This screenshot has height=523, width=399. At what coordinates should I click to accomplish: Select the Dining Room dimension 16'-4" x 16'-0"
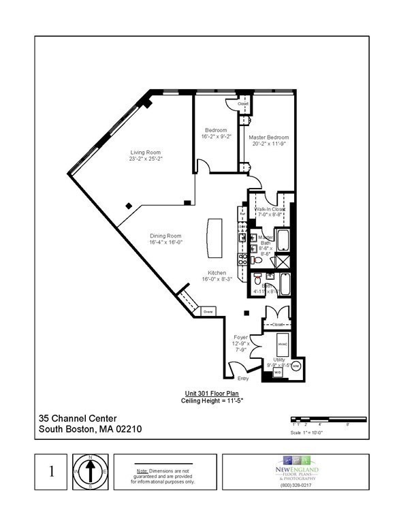[x=167, y=242]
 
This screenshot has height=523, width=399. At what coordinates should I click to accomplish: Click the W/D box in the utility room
[x=278, y=373]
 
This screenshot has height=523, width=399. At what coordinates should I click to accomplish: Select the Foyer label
[x=241, y=337]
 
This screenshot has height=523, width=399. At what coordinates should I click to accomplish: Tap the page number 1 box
[x=52, y=472]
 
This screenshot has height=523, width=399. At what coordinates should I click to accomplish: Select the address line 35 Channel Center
[x=78, y=418]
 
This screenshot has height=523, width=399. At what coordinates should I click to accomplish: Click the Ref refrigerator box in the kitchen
[x=242, y=212]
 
